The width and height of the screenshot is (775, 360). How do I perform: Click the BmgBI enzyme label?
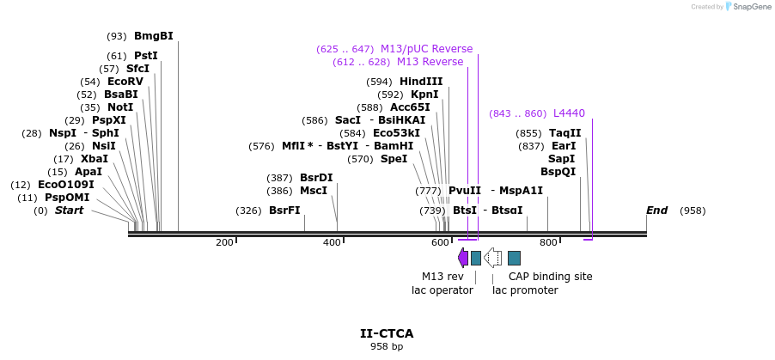point(153,36)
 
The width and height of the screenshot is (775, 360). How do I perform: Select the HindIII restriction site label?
point(421,82)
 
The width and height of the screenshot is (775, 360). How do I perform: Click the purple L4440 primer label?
point(569,113)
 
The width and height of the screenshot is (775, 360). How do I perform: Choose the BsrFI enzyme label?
point(284,211)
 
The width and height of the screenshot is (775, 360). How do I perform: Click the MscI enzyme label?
point(313,191)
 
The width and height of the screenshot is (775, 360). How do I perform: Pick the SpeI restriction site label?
point(394,159)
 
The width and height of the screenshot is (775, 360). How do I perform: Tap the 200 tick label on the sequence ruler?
point(224,243)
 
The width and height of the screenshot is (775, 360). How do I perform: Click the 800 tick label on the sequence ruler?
point(548,243)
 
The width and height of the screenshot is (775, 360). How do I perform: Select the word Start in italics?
point(70,211)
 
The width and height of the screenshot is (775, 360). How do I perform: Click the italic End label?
point(656,211)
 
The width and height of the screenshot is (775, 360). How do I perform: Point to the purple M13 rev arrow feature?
point(463,257)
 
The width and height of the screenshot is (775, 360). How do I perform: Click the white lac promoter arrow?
point(493,257)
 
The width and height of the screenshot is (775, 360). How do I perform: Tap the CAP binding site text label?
point(550,277)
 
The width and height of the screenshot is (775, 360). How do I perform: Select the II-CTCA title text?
point(387,333)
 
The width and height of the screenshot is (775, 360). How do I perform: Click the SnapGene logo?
point(745,7)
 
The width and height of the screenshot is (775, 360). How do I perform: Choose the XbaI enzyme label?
point(94,159)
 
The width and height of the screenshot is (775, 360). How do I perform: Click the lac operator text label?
point(442,290)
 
